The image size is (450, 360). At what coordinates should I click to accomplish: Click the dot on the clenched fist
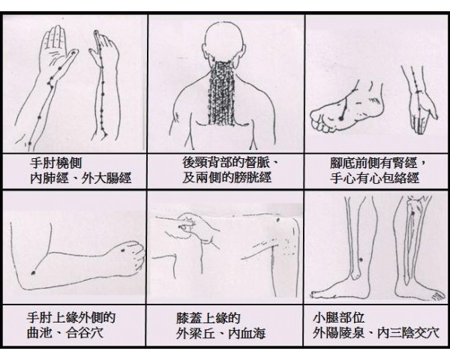click(x=123, y=250)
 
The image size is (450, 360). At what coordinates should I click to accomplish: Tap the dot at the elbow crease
click(x=33, y=272)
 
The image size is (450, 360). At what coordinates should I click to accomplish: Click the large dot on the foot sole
click(x=340, y=118)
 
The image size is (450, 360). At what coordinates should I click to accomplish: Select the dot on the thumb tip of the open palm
click(x=74, y=52)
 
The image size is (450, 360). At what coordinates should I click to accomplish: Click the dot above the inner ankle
click(x=361, y=259)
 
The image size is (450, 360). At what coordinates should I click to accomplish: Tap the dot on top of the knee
click(x=277, y=220)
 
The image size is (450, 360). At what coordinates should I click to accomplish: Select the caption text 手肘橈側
click(x=56, y=163)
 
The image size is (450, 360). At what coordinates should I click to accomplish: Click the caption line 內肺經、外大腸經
click(x=81, y=178)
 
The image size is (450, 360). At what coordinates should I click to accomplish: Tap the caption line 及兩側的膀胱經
click(x=226, y=178)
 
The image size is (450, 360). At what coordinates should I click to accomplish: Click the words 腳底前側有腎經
click(x=373, y=163)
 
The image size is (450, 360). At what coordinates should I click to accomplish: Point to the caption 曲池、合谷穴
click(x=65, y=333)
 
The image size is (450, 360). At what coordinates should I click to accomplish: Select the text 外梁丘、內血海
click(x=220, y=333)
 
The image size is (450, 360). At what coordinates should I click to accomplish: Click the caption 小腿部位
click(x=339, y=318)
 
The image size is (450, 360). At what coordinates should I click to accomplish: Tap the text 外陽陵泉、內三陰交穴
click(x=376, y=333)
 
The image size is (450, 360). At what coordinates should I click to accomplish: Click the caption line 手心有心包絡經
click(x=374, y=178)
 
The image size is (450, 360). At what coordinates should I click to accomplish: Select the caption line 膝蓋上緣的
click(x=208, y=318)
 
